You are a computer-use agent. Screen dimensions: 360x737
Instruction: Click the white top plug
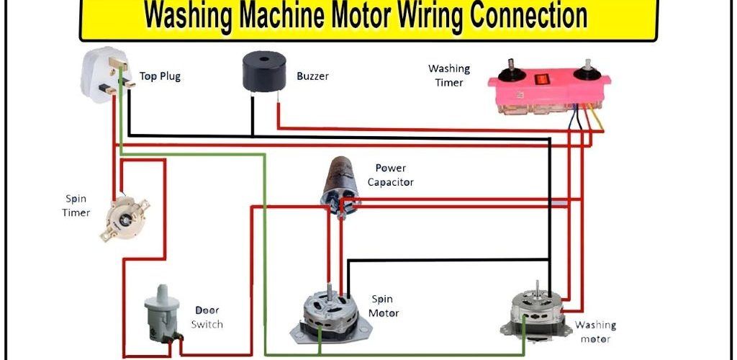pyautogui.click(x=104, y=76)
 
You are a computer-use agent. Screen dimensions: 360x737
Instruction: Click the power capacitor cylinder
pyautogui.click(x=342, y=184)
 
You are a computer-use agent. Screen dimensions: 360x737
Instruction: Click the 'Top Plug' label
pyautogui.click(x=160, y=76)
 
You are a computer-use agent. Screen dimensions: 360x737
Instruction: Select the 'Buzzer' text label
pyautogui.click(x=312, y=76)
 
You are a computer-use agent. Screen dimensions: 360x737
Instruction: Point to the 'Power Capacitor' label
pyautogui.click(x=391, y=175)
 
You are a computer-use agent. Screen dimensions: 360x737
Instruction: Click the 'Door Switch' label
pyautogui.click(x=207, y=318)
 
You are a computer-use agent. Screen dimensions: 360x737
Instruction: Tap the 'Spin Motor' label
pyautogui.click(x=383, y=306)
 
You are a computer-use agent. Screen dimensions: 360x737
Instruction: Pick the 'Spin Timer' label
pyautogui.click(x=76, y=205)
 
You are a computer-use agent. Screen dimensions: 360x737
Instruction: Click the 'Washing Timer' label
pyautogui.click(x=449, y=76)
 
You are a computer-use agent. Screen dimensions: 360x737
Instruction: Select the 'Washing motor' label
pyautogui.click(x=595, y=332)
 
